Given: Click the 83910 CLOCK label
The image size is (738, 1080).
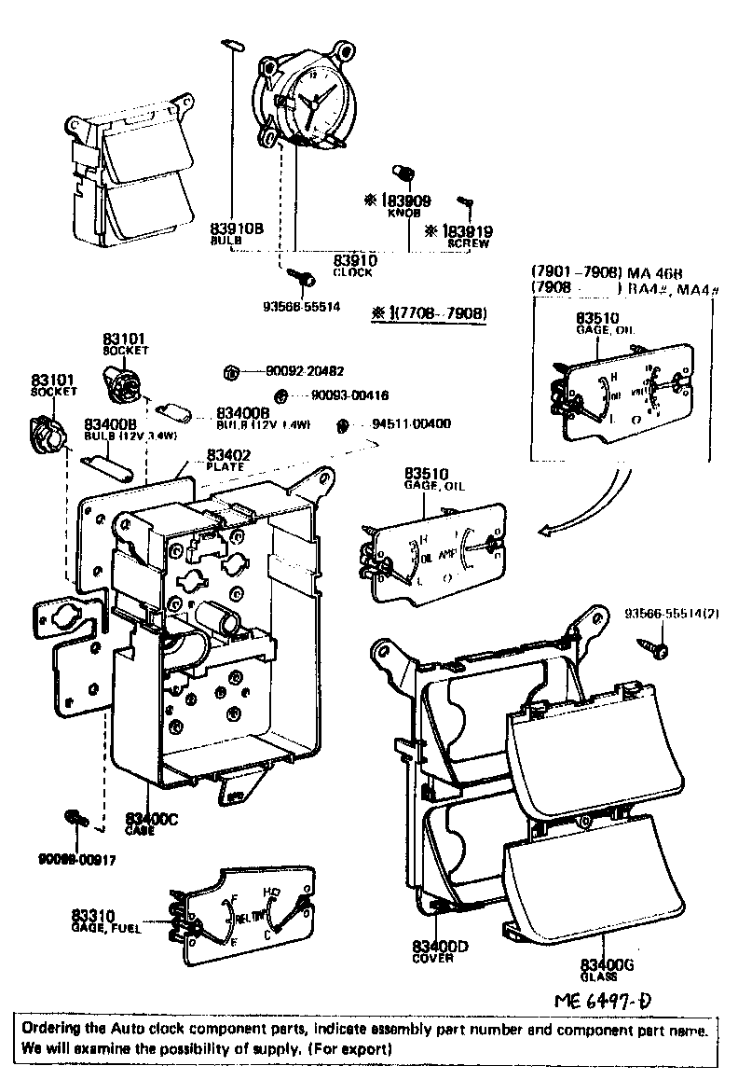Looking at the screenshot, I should pyautogui.click(x=354, y=266).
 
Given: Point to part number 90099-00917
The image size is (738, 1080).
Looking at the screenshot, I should pyautogui.click(x=77, y=859).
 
